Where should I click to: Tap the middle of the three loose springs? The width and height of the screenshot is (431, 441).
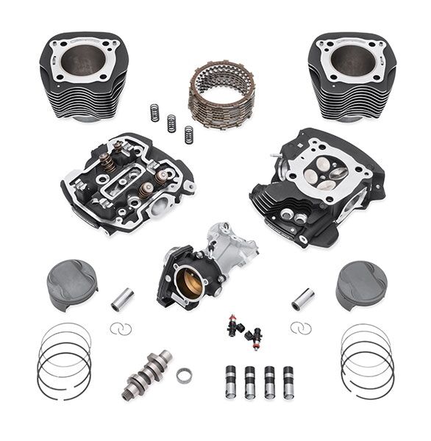[171, 123]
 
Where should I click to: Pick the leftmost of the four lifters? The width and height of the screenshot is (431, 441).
[232, 381]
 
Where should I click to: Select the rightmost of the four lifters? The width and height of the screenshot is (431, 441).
[288, 381]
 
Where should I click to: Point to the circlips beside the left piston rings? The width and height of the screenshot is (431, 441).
[121, 329]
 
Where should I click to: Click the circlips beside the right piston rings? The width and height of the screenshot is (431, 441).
[300, 327]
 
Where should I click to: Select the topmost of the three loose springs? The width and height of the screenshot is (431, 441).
[155, 112]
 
